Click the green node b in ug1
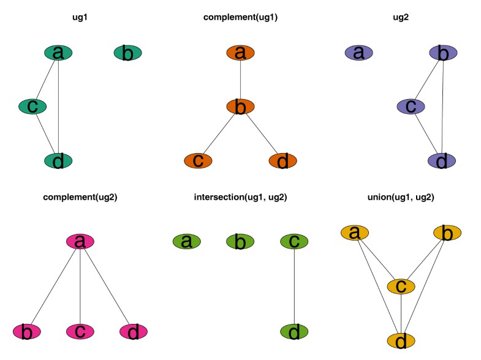(x=128, y=53)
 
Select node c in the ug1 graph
(x=32, y=107)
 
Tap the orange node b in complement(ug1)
(x=240, y=107)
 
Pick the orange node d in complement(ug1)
(x=282, y=161)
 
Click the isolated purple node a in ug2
(x=359, y=53)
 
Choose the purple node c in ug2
(x=412, y=107)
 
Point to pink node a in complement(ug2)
(x=80, y=241)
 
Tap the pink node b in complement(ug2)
(x=26, y=332)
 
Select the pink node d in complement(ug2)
(x=134, y=332)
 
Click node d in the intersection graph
(x=294, y=332)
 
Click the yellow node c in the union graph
(x=401, y=286)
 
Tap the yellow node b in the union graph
(x=447, y=233)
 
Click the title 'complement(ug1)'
(x=240, y=18)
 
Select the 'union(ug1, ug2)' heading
(x=401, y=197)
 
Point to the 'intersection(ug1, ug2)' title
(x=240, y=197)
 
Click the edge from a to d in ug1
(x=58, y=107)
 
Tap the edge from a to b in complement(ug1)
(x=240, y=80)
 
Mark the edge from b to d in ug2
(x=442, y=107)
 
